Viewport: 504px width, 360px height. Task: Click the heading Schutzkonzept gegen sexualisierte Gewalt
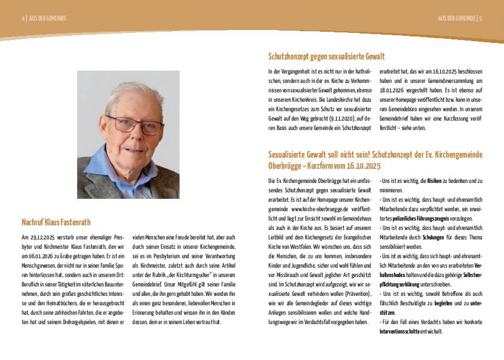click(x=326, y=56)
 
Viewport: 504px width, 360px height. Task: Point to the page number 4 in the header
click(x=24, y=18)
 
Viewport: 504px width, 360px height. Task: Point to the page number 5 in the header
click(x=481, y=18)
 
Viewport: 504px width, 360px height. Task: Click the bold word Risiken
click(x=435, y=181)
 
